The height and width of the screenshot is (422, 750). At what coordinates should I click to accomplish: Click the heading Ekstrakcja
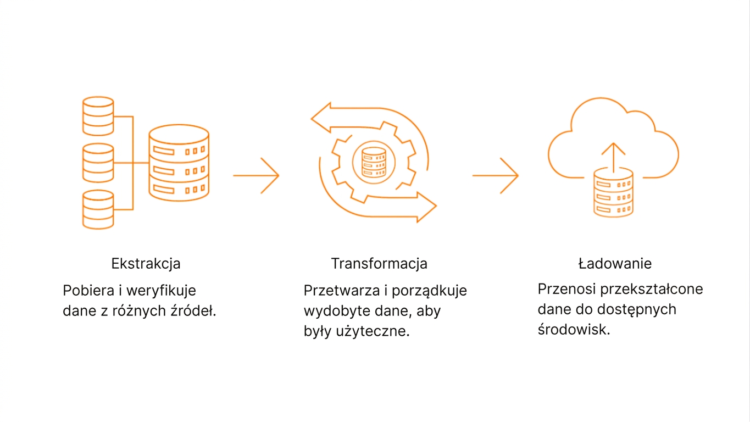(146, 264)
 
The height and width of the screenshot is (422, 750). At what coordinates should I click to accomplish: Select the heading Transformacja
(379, 264)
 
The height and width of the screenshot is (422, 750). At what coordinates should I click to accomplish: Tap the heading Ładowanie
(615, 264)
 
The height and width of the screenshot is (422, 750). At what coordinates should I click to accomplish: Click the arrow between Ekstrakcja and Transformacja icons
(256, 175)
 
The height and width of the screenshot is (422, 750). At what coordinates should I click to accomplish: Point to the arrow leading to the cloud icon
(496, 175)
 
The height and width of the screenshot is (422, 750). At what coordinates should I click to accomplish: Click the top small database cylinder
(98, 116)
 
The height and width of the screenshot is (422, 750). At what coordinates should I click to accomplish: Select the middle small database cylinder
(98, 163)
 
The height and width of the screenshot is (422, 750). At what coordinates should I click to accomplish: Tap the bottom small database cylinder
(98, 210)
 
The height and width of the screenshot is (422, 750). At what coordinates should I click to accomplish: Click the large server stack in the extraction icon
(179, 163)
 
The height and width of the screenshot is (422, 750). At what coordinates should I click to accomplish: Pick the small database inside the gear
(374, 163)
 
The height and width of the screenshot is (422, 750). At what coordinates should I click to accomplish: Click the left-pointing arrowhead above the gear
(321, 118)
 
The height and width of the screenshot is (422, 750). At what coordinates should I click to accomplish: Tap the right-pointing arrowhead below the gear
(426, 207)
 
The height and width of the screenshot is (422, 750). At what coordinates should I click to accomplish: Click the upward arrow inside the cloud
(613, 158)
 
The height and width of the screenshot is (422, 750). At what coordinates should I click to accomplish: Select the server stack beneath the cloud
(613, 192)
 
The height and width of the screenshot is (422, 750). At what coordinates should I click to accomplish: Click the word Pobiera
(88, 290)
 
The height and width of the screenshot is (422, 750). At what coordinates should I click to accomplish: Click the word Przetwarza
(342, 290)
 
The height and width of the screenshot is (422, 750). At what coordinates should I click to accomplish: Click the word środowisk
(574, 329)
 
